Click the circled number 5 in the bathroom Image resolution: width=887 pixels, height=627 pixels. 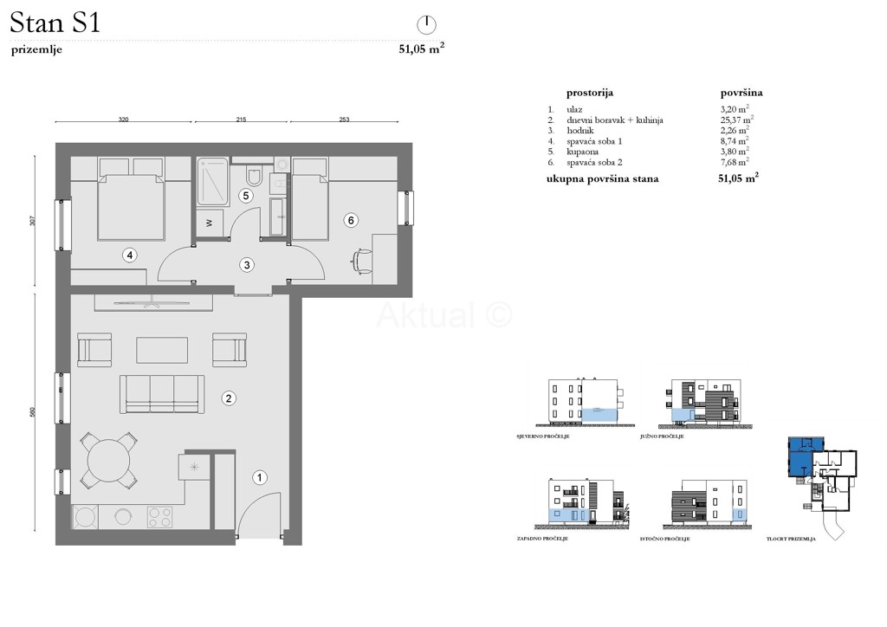point(246,196)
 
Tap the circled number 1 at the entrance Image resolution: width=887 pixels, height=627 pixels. point(258,476)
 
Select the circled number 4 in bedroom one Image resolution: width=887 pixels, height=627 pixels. point(129,255)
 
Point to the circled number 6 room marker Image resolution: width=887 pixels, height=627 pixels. point(351,220)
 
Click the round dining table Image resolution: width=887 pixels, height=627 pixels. point(108,459)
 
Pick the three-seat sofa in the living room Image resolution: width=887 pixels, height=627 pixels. point(162,393)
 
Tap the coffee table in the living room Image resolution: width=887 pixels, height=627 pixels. point(162,349)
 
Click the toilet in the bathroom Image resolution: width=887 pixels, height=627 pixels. point(255,177)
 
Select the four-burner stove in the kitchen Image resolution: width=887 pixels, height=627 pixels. point(159,517)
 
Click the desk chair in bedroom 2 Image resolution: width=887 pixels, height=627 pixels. point(362,259)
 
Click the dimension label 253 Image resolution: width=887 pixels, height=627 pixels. point(344,121)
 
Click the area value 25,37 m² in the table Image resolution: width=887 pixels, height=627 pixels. point(736,120)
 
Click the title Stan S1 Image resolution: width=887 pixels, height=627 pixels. point(55,23)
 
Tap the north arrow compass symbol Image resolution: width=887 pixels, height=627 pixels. point(425,23)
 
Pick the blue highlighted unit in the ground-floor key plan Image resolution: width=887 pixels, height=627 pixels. point(799,456)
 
